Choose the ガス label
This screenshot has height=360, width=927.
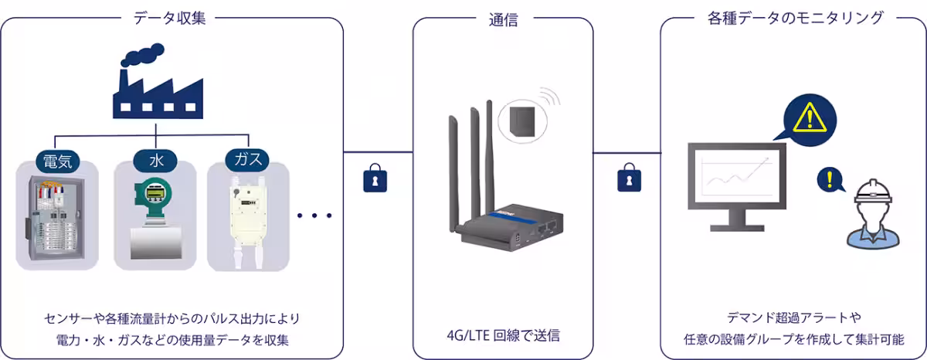point(247,161)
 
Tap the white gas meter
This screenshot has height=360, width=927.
point(247,220)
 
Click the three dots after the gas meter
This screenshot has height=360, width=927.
point(314,216)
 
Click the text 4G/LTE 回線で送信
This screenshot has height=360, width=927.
point(503,335)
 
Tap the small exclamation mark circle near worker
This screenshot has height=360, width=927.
point(829,181)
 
